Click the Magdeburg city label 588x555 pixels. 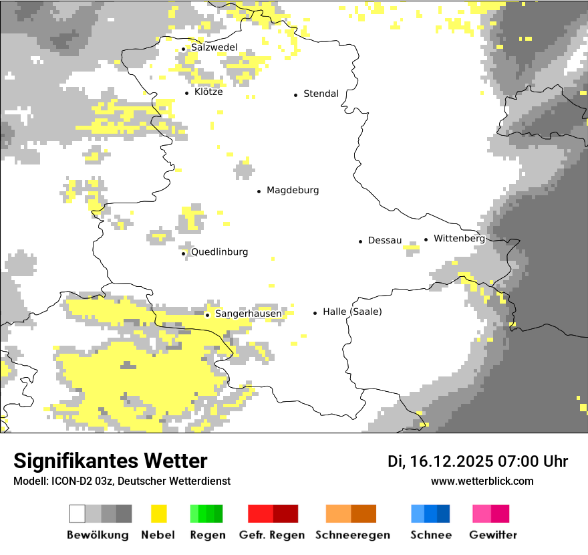(293, 191)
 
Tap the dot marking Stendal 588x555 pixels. (295, 95)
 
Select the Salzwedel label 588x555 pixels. (214, 47)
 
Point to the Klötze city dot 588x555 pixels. (186, 93)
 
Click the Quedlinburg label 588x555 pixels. (219, 252)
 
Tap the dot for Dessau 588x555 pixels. (360, 241)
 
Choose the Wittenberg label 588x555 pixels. (458, 239)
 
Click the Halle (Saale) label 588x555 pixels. (352, 312)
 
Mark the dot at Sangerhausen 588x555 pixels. (208, 315)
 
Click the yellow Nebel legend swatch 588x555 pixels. (158, 514)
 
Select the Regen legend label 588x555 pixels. (207, 535)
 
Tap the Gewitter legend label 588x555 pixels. (492, 535)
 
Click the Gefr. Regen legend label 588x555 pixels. (272, 535)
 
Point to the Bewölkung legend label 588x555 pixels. (98, 535)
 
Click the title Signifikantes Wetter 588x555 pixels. (110, 461)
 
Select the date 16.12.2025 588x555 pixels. (451, 461)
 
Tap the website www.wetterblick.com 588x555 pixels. (482, 481)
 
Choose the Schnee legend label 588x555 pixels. (431, 535)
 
